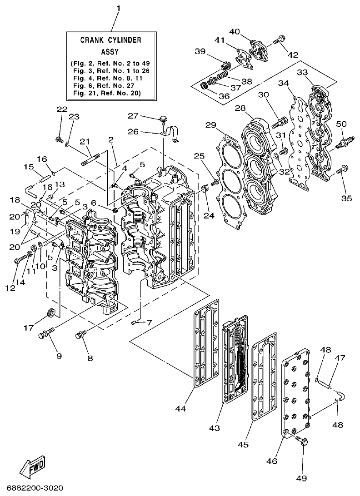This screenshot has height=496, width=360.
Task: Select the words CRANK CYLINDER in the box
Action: click(x=111, y=40)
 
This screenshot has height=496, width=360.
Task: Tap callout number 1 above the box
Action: click(x=119, y=8)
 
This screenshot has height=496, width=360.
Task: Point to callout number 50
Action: click(x=341, y=124)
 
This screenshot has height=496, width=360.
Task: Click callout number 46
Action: click(x=271, y=461)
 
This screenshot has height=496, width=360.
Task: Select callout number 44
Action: click(x=180, y=409)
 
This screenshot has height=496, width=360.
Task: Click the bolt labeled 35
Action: click(x=343, y=170)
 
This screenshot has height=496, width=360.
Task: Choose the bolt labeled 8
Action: click(x=80, y=336)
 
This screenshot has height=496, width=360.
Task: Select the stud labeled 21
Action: click(x=91, y=160)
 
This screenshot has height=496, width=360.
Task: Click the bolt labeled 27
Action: click(x=160, y=119)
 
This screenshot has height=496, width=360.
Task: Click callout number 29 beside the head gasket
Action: click(x=210, y=125)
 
